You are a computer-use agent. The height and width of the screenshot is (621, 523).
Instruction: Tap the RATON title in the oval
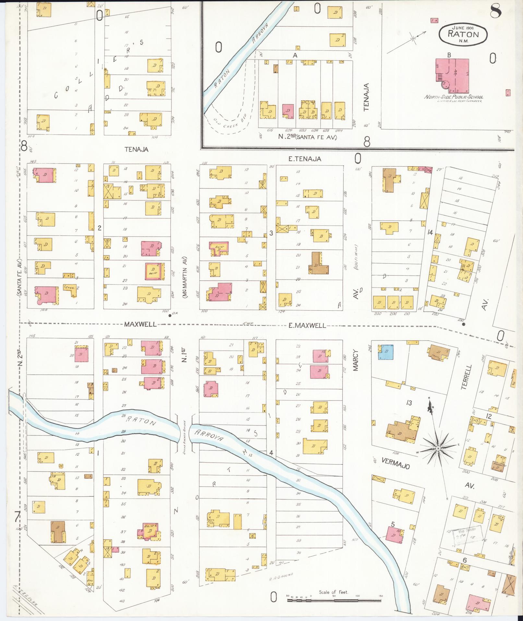tap(463, 33)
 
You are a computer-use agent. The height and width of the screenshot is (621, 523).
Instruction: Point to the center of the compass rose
tap(438, 448)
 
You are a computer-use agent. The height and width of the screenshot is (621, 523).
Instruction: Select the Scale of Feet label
tap(333, 592)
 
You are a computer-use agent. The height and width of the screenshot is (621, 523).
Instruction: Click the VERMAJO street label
tap(396, 464)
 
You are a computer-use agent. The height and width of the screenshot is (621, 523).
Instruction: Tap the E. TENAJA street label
tap(304, 159)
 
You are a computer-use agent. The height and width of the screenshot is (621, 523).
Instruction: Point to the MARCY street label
tap(356, 360)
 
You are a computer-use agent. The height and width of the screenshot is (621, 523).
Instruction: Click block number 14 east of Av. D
tap(430, 232)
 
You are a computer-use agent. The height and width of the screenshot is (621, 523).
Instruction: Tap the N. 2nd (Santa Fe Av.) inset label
tap(308, 137)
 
